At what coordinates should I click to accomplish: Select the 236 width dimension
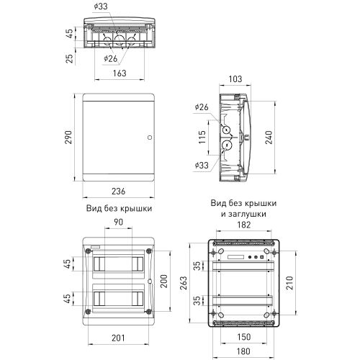pyautogui.click(x=118, y=192)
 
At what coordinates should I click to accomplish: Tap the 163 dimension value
pyautogui.click(x=119, y=73)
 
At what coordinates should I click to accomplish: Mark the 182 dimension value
pyautogui.click(x=243, y=226)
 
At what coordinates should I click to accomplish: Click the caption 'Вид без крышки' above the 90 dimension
pyautogui.click(x=118, y=208)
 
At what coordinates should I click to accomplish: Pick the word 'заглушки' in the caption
pyautogui.click(x=251, y=214)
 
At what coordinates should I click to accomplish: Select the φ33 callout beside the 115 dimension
pyautogui.click(x=202, y=165)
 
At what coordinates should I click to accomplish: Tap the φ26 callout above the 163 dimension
pyautogui.click(x=110, y=58)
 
